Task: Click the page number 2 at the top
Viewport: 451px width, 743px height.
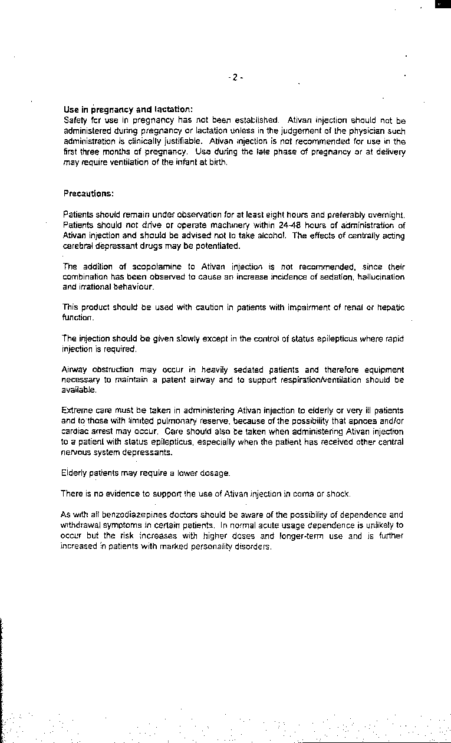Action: coord(234,77)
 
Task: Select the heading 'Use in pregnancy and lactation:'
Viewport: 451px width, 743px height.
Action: coord(127,109)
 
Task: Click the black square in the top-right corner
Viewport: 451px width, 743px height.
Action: coord(443,4)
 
